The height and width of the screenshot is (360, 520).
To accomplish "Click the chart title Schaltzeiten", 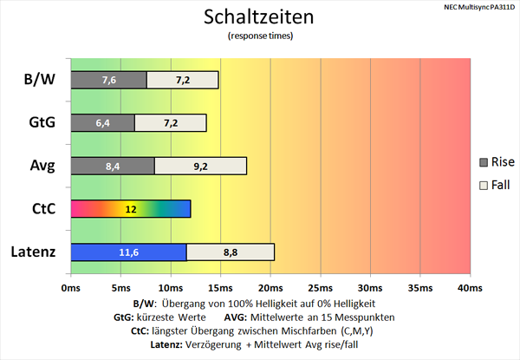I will (259, 16).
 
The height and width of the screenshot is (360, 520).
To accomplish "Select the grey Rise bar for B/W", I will (108, 80).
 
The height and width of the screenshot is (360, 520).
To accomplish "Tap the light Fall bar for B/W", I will (183, 80).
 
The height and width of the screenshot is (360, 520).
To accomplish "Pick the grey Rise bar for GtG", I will (102, 122).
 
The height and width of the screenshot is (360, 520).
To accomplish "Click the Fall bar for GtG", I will (171, 122).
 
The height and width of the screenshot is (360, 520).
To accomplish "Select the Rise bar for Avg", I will (112, 166).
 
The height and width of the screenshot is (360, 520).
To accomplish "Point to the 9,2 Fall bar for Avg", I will (200, 166).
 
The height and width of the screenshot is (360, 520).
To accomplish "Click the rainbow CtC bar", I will (130, 209).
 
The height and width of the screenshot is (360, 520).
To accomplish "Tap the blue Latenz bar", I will (127, 252).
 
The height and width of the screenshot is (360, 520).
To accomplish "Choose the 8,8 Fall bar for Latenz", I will (230, 252).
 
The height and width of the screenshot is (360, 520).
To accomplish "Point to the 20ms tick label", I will (270, 287).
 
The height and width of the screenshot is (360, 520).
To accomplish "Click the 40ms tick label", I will (469, 287).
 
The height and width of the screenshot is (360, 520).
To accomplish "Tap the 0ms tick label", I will (70, 287).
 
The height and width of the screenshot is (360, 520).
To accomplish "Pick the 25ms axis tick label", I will (320, 287).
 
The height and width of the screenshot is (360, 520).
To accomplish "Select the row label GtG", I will (40, 123).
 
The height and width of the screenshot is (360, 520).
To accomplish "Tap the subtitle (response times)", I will (259, 36).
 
